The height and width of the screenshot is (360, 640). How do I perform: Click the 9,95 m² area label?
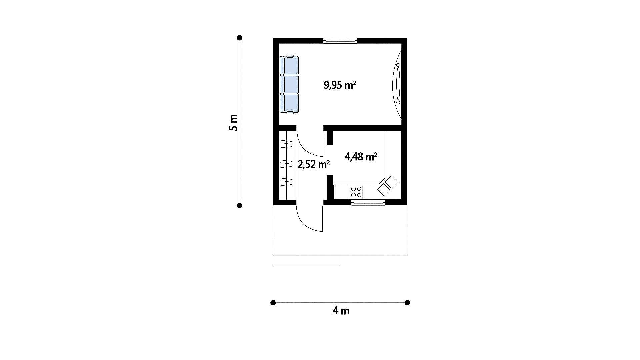(340, 85)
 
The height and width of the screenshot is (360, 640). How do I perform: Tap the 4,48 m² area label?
(361, 157)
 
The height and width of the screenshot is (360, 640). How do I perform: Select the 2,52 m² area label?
(314, 164)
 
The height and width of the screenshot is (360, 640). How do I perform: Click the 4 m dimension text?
(341, 311)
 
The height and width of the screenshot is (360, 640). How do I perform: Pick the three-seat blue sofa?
(289, 85)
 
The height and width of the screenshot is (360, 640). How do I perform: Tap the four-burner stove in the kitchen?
(356, 192)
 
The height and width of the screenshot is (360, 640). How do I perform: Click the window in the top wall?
(340, 41)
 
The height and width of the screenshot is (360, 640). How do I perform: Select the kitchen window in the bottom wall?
(368, 202)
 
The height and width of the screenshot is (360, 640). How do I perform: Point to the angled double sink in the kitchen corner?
(387, 186)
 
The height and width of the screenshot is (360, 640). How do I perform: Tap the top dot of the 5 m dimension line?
(239, 38)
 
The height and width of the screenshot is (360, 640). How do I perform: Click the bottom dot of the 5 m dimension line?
(239, 205)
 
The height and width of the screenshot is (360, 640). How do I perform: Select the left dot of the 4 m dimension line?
(273, 303)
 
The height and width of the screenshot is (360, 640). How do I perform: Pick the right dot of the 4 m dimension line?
(407, 303)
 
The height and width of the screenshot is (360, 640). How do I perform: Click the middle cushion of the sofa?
(289, 85)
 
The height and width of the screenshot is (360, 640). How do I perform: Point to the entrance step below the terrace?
(307, 261)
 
